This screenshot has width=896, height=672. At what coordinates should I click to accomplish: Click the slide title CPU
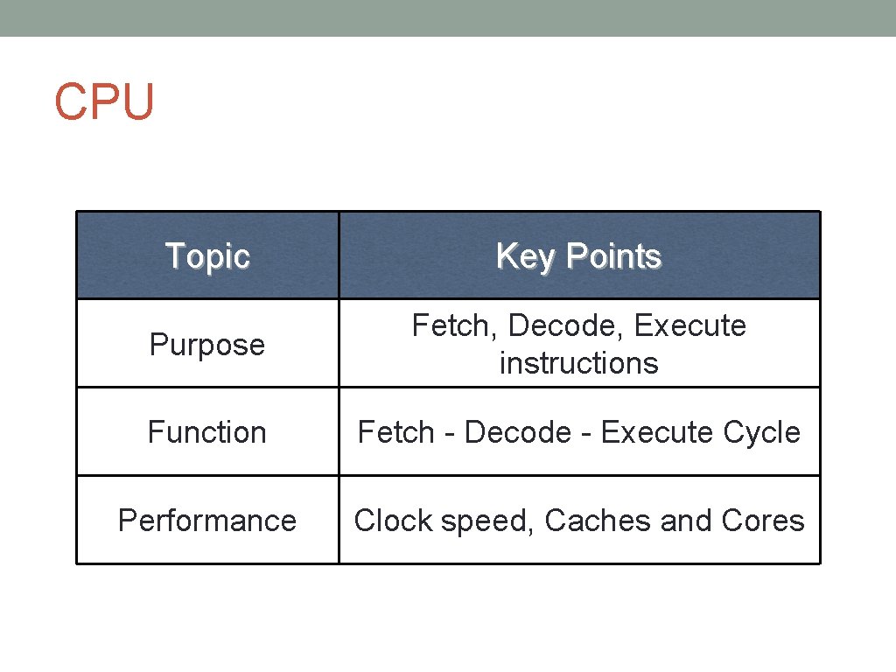pyautogui.click(x=104, y=101)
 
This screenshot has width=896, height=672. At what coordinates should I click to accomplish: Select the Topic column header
pyautogui.click(x=207, y=256)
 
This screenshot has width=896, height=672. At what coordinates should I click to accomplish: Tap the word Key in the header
pyautogui.click(x=527, y=256)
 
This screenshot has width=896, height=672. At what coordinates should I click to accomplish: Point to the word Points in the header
pyautogui.click(x=613, y=256)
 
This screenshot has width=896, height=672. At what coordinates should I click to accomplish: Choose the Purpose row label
pyautogui.click(x=207, y=345)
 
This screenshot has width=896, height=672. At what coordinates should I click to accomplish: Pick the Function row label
pyautogui.click(x=207, y=432)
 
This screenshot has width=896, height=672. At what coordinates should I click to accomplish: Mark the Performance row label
pyautogui.click(x=207, y=521)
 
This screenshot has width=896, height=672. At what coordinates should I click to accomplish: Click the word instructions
pyautogui.click(x=578, y=362)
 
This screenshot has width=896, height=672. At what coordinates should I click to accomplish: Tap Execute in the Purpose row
pyautogui.click(x=690, y=325)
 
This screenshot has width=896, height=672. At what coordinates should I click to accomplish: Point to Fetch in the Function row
pyautogui.click(x=396, y=432)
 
